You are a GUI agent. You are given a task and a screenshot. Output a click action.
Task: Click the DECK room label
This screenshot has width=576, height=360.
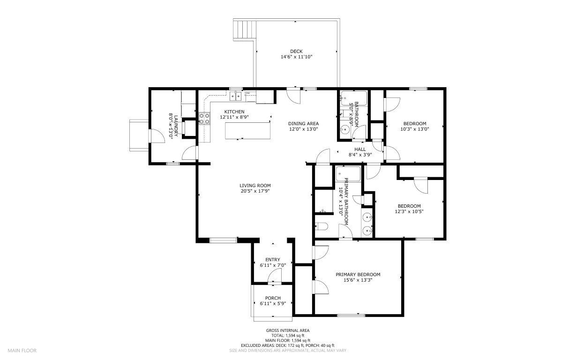[x=296, y=52]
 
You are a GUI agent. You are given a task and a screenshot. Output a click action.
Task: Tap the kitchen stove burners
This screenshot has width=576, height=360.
[x=204, y=119]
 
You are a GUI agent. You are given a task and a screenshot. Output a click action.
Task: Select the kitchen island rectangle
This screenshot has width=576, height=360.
[x=247, y=131]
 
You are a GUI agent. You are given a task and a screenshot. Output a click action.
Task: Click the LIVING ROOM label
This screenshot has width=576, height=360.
[x=255, y=186]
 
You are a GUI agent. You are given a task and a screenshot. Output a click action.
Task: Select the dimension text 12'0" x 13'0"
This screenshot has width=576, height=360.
[x=303, y=129]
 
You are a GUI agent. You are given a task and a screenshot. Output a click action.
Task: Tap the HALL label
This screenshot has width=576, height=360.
[x=360, y=150]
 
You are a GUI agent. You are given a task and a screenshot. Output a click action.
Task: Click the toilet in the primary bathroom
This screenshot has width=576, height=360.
[x=322, y=226]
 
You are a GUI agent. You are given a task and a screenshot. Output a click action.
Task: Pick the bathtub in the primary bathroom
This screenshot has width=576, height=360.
[x=348, y=174]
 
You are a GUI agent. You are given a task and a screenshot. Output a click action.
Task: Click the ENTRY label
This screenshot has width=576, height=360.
[x=273, y=260]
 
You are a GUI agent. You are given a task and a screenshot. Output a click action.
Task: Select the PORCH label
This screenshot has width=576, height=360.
[x=273, y=298]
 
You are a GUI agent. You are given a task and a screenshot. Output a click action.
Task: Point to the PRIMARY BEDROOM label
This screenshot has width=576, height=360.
[x=358, y=274]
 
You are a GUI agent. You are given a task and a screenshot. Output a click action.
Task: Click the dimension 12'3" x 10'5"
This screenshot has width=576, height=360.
[x=409, y=211]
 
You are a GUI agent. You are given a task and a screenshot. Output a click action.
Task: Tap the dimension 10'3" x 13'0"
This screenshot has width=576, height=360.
[x=415, y=129]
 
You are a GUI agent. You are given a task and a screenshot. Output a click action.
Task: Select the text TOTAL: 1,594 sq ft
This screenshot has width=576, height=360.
[x=288, y=336]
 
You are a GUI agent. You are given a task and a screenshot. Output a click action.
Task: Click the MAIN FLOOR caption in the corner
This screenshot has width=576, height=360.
[x=22, y=351]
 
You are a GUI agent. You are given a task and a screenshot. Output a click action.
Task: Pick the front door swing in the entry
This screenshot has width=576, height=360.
[x=275, y=275]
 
